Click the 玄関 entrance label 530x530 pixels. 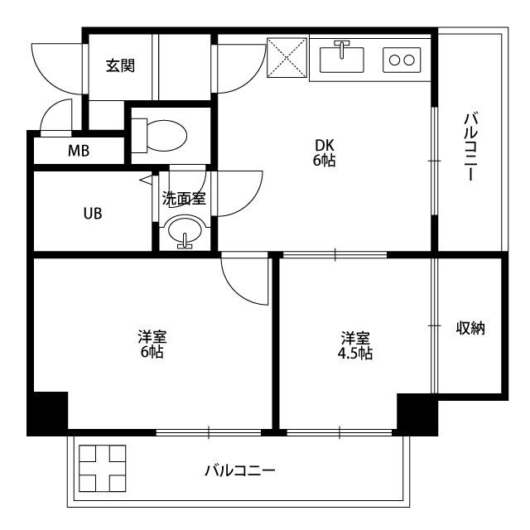click(x=120, y=65)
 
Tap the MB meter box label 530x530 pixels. click(x=79, y=151)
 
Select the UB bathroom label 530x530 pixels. click(x=93, y=214)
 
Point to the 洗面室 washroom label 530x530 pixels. click(x=184, y=199)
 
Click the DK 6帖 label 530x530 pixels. click(x=324, y=152)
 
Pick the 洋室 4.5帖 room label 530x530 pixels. click(x=355, y=345)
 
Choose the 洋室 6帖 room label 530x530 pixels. click(x=152, y=344)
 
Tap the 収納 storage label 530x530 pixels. click(x=470, y=328)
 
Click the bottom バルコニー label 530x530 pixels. click(x=240, y=470)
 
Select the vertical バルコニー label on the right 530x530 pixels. click(x=470, y=147)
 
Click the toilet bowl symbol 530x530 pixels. click(x=159, y=135)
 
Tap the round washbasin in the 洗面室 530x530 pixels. click(x=185, y=232)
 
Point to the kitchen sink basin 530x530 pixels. click(x=342, y=60)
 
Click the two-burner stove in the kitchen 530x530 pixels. click(x=402, y=60)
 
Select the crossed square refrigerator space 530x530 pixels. click(x=287, y=57)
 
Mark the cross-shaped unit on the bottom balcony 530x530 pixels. click(x=103, y=468)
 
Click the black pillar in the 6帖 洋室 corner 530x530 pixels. click(x=48, y=413)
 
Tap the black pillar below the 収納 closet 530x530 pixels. click(x=417, y=414)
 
